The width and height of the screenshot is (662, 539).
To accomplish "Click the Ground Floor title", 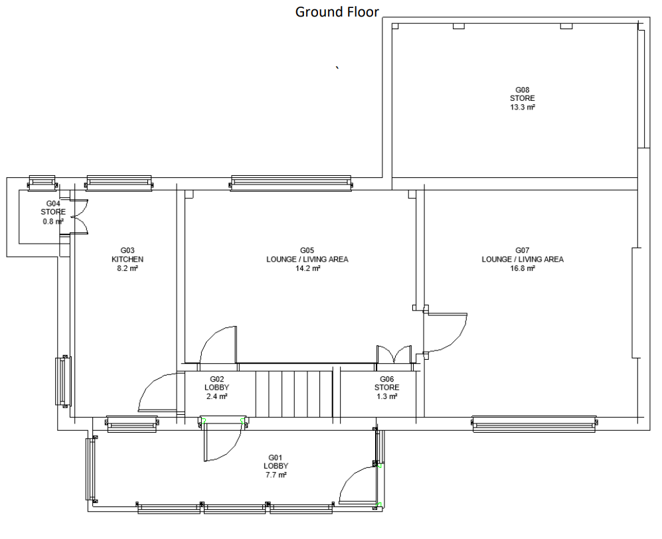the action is point(337,12).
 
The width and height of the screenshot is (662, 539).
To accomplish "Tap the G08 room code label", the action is point(523,90).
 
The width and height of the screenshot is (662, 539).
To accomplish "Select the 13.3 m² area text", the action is point(523,108).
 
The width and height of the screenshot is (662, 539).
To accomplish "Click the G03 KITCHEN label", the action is point(127,255).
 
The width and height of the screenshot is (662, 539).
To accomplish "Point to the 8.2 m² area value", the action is point(127,268).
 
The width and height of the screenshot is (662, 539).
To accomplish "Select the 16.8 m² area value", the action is point(523,268).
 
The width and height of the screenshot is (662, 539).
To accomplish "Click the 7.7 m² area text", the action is point(276,475).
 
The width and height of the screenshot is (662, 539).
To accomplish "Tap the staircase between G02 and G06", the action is point(294,394).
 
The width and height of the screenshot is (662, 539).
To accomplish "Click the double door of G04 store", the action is point(78,216).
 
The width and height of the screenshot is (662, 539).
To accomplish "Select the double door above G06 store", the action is point(394,354).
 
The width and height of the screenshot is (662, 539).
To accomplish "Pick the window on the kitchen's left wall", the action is point(63,382).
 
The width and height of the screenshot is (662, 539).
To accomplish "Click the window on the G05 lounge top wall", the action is point(291,183).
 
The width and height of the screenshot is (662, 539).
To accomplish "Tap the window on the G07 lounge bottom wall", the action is point(535,424).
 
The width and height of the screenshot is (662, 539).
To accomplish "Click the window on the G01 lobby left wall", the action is point(91,469).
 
